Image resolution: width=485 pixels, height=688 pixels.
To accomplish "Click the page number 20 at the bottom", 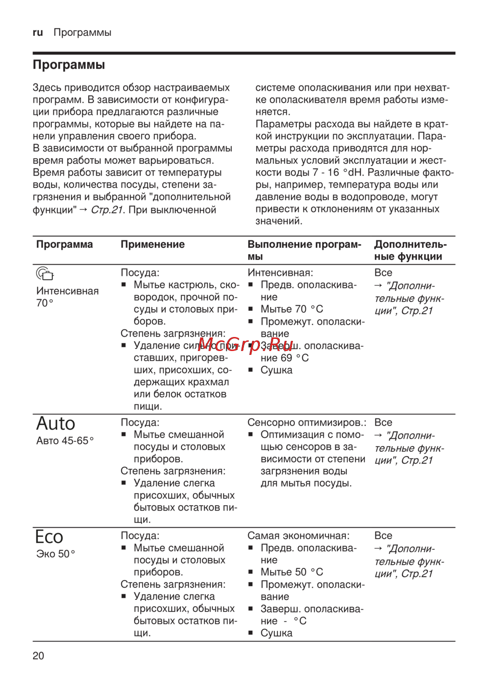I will coord(38,656).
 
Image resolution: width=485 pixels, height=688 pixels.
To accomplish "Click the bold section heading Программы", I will coord(69,64).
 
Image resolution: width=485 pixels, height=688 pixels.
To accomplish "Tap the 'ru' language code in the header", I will coord(38,32).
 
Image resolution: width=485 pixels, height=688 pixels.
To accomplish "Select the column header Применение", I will coord(152,244).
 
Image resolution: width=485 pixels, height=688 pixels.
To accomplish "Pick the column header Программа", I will coord(65,244).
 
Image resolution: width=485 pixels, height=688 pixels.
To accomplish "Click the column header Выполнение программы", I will coord(304,250).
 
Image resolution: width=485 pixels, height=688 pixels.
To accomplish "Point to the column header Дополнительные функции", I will coord(410,250).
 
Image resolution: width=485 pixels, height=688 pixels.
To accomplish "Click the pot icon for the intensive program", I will coord(45,274).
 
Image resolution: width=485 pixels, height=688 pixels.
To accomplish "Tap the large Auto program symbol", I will coord(56,423).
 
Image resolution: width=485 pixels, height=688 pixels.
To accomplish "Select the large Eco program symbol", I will coord(49,537).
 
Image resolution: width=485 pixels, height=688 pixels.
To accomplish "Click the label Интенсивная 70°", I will coord(67,297).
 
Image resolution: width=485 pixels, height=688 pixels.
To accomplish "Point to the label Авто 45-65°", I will coord(65,441).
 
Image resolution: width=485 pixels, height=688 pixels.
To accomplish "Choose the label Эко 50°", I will coord(56,554).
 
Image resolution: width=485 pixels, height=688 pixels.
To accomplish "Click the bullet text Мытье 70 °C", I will coord(291,309).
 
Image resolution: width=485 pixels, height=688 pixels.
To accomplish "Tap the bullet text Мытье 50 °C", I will coord(291,572).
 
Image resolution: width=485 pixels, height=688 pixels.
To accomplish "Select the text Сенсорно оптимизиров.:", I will coord(307,422).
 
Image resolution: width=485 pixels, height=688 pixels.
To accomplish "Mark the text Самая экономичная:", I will coord(298,536).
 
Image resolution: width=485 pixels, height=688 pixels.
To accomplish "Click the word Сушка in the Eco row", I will coord(276,633).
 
